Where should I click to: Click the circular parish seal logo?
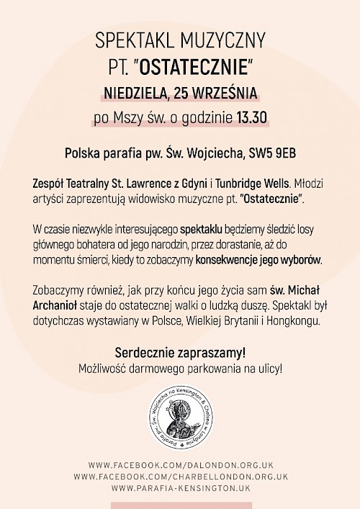[x=180, y=418]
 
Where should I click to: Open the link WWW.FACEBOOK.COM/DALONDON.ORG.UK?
[x=180, y=465]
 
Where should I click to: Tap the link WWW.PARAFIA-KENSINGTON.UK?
[x=180, y=487]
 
